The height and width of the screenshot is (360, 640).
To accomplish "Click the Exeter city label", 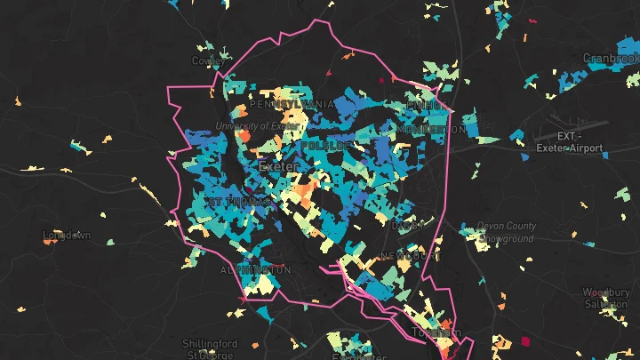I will pyautogui.click(x=278, y=166).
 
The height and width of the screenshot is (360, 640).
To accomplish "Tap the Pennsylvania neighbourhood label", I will pyautogui.click(x=292, y=105).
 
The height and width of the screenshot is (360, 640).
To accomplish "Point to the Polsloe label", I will pyautogui.click(x=328, y=145).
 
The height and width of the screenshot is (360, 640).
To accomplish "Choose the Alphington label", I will pyautogui.click(x=255, y=269).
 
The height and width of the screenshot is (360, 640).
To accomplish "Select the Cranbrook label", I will pyautogui.click(x=612, y=58).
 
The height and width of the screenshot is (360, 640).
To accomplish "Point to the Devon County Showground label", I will pyautogui.click(x=505, y=232).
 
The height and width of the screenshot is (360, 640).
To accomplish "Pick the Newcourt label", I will pyautogui.click(x=411, y=256).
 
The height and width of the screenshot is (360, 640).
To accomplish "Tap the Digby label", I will pyautogui.click(x=404, y=226).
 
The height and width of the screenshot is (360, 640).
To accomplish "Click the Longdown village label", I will pyautogui.click(x=67, y=236).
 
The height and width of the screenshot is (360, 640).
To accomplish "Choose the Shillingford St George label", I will pyautogui.click(x=210, y=348).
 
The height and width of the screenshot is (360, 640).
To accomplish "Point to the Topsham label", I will pyautogui.click(x=436, y=333).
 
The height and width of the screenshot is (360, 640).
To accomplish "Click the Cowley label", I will pyautogui.click(x=206, y=61).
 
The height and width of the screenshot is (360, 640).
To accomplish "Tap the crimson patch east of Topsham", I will pyautogui.click(x=524, y=341).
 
